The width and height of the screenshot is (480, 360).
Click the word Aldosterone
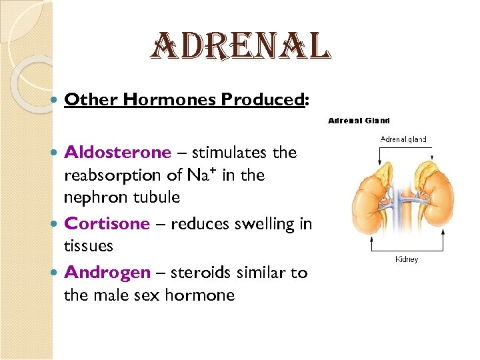click(117, 153)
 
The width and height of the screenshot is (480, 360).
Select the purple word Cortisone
click(107, 223)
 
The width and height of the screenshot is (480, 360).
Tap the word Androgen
click(107, 273)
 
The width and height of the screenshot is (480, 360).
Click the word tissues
click(89, 246)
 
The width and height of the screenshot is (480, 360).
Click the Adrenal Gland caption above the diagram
click(359, 121)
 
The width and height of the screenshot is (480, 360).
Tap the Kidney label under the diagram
click(407, 259)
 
